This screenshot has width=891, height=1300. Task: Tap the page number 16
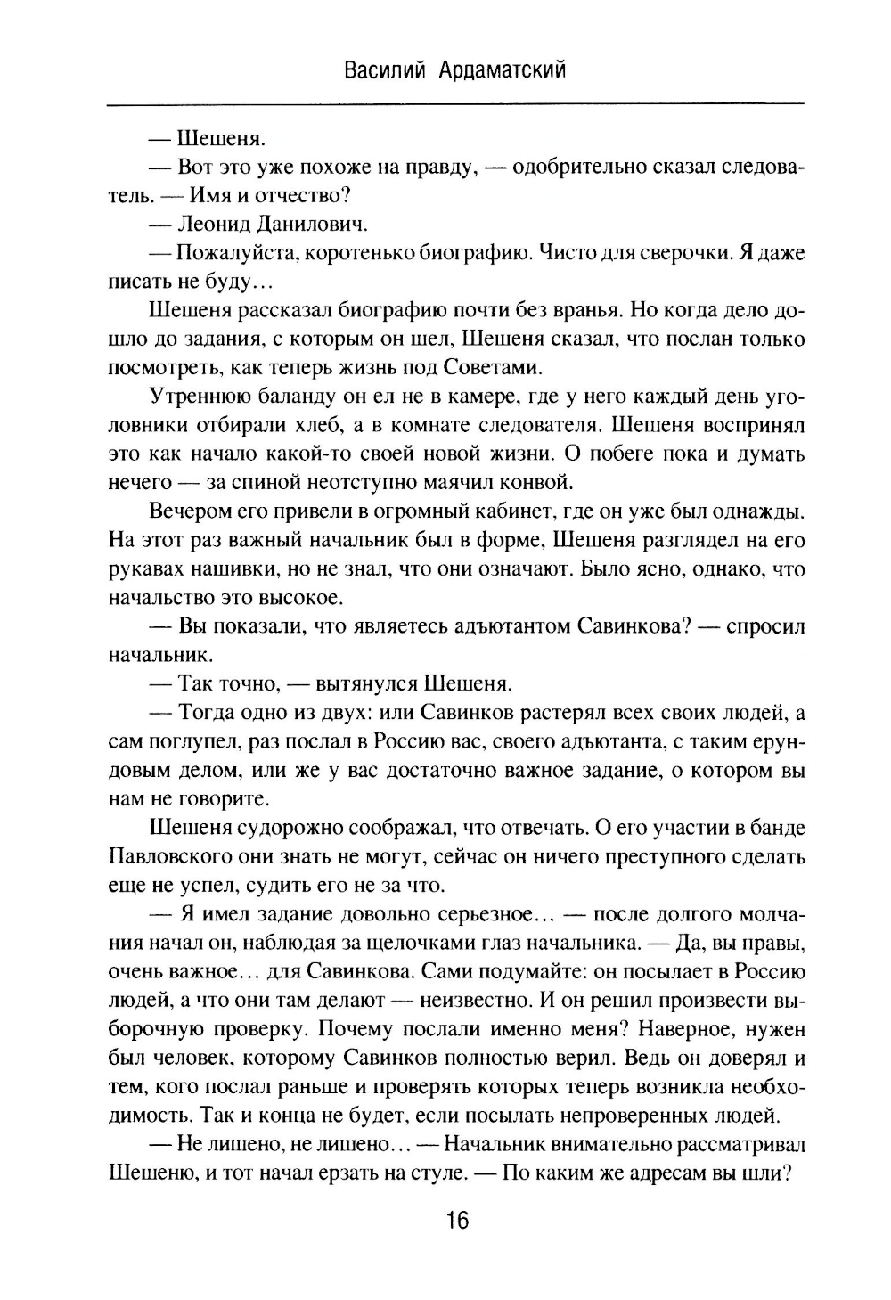click(x=456, y=1220)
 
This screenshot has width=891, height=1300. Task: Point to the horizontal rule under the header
click(x=455, y=105)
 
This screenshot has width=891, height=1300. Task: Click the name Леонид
click(x=217, y=224)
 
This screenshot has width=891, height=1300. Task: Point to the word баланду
click(x=290, y=397)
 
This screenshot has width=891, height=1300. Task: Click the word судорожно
click(x=282, y=828)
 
